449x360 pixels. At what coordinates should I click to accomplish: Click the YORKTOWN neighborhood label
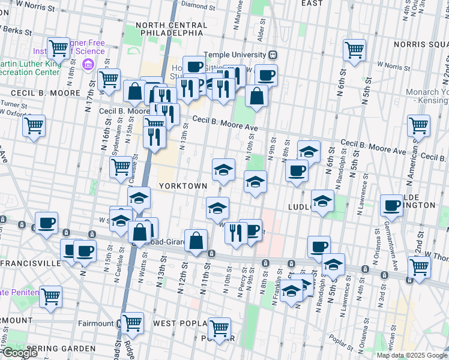[x=183, y=186]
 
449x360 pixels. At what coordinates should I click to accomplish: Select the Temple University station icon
[x=273, y=54]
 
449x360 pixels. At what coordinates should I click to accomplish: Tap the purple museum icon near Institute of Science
[x=88, y=64]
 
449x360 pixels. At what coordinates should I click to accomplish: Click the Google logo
[x=19, y=352]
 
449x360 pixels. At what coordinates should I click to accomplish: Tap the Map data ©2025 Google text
[x=411, y=355]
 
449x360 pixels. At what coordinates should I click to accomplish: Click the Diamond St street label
[x=193, y=4]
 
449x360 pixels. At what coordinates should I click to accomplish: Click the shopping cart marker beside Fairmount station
[x=132, y=323]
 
